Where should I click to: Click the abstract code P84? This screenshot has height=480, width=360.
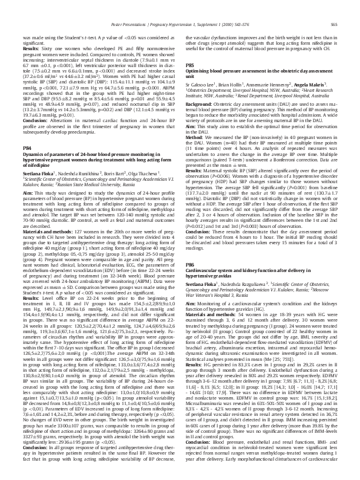tap(27, 147)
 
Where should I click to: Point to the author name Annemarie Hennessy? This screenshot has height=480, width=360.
tap(269, 85)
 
